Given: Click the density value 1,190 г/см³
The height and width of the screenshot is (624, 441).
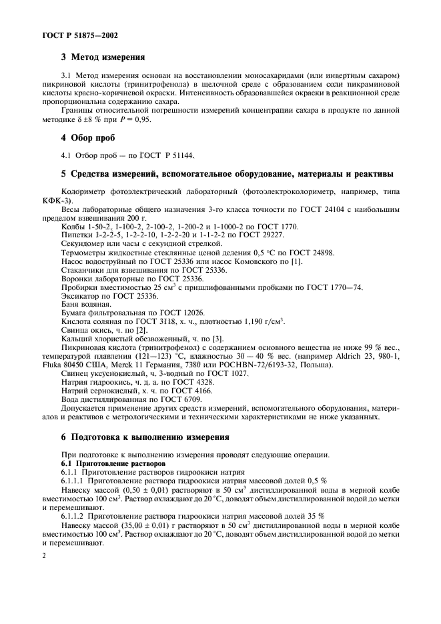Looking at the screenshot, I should (x=259, y=322).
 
